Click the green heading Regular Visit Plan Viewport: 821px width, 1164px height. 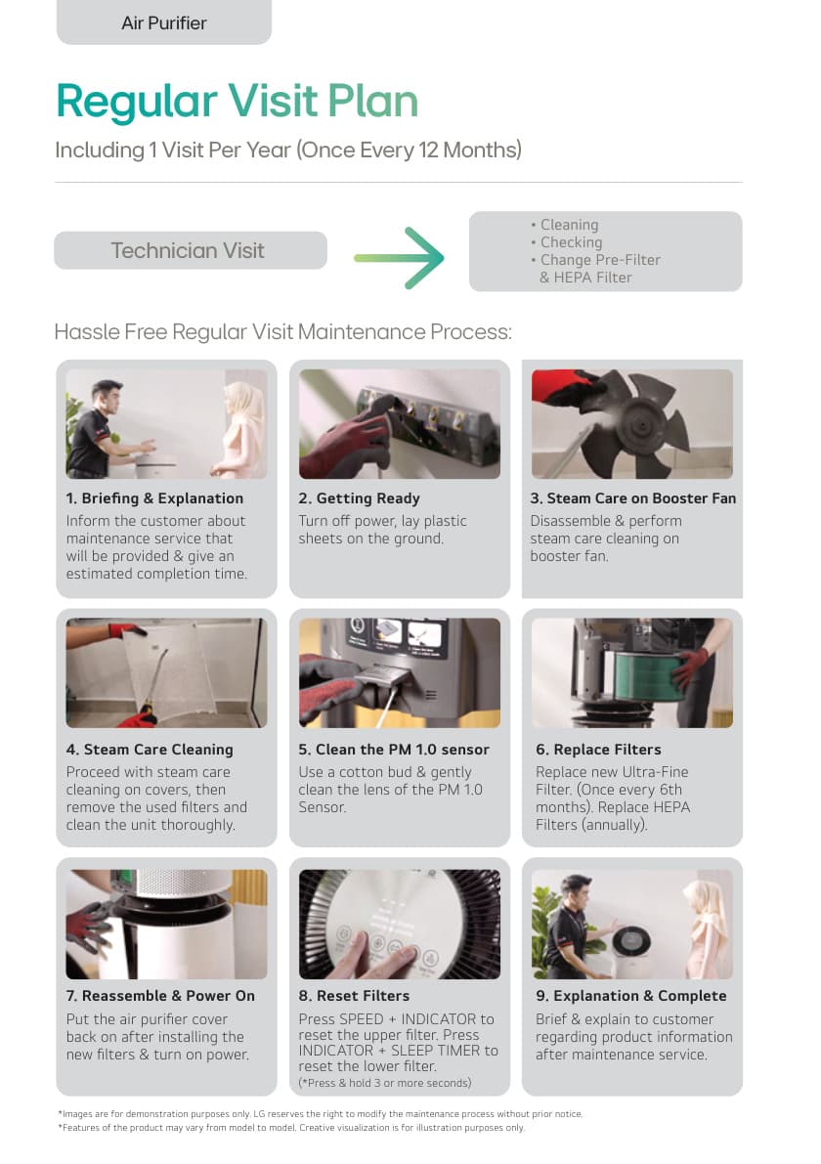point(238,101)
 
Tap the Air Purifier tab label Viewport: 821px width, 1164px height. point(164,23)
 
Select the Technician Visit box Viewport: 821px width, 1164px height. point(190,250)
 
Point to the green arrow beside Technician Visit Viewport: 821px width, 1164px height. point(400,258)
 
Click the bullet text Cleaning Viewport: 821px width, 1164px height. point(569,224)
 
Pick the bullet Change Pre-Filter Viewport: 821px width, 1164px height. point(600,260)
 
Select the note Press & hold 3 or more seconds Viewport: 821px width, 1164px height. point(385,1083)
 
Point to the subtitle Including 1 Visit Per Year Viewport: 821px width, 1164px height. point(288,150)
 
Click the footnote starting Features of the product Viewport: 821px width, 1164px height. point(291,1128)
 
